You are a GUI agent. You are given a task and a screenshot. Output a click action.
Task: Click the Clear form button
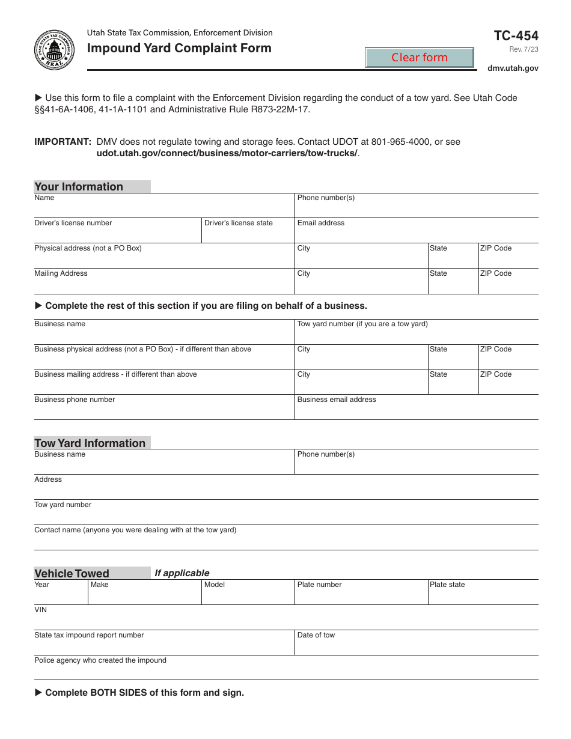click(x=420, y=58)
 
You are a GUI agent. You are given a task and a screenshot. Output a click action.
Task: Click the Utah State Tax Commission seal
click(x=55, y=49)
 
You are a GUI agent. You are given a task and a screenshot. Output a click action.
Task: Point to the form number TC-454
click(x=516, y=35)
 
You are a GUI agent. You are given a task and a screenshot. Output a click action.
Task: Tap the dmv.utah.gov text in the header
click(x=513, y=68)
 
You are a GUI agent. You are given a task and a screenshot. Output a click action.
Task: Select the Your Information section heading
click(x=79, y=187)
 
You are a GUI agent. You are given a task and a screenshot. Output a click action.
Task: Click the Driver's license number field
click(x=117, y=233)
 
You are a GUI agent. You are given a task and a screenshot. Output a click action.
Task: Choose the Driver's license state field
click(x=247, y=233)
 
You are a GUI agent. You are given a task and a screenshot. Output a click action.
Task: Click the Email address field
click(x=416, y=233)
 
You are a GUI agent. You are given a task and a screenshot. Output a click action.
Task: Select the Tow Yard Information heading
click(x=90, y=443)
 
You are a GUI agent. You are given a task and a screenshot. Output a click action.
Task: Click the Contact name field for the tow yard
click(x=285, y=541)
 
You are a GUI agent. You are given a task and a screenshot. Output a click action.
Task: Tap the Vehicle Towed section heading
click(x=72, y=574)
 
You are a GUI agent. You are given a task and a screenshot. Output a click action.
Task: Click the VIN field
click(x=285, y=620)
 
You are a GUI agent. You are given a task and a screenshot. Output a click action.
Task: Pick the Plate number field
click(x=361, y=595)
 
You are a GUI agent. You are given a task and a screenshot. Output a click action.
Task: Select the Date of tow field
click(x=416, y=645)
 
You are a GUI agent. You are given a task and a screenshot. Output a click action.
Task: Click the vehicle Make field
click(x=144, y=595)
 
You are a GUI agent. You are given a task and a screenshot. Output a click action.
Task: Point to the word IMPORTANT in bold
click(x=63, y=142)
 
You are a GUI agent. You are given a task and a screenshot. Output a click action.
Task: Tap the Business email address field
click(x=416, y=410)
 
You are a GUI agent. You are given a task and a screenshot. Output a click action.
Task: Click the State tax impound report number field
click(x=163, y=645)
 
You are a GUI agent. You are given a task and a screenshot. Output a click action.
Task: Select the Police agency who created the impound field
click(x=285, y=671)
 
